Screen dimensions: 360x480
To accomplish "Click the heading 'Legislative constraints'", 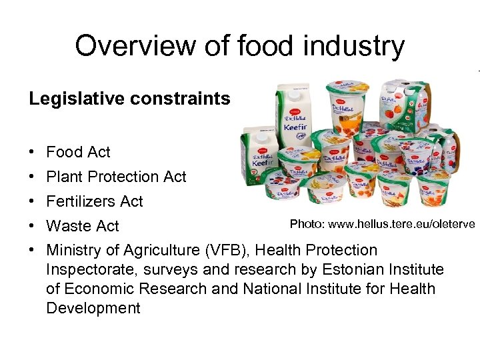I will pyautogui.click(x=129, y=99).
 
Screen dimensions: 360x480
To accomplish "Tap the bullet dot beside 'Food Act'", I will pyautogui.click(x=32, y=153).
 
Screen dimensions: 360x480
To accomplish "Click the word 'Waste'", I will pyautogui.click(x=67, y=226).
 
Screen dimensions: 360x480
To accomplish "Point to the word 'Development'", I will pyautogui.click(x=93, y=308).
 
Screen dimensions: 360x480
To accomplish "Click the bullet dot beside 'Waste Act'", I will pyautogui.click(x=32, y=226).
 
